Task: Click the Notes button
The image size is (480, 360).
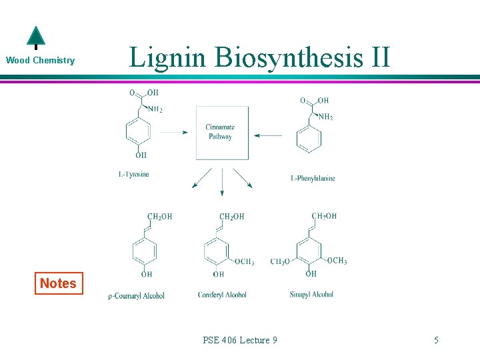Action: point(58,283)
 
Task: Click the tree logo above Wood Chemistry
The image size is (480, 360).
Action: point(35,37)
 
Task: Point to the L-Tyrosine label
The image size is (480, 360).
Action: point(133,175)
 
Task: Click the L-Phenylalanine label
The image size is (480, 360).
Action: point(313,178)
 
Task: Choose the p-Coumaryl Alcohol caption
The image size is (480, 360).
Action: point(137,295)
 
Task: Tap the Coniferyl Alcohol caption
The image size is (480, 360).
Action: point(222,295)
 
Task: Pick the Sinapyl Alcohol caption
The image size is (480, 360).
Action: point(311,294)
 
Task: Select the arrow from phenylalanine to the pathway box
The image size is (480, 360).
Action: point(268,136)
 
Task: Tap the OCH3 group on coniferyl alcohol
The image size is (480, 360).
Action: point(244,262)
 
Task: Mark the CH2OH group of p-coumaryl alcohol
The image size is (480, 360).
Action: point(159,217)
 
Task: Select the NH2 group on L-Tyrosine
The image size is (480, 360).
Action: point(155,109)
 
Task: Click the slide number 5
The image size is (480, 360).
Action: point(436,340)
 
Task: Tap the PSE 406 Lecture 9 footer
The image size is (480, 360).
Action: point(240,340)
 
